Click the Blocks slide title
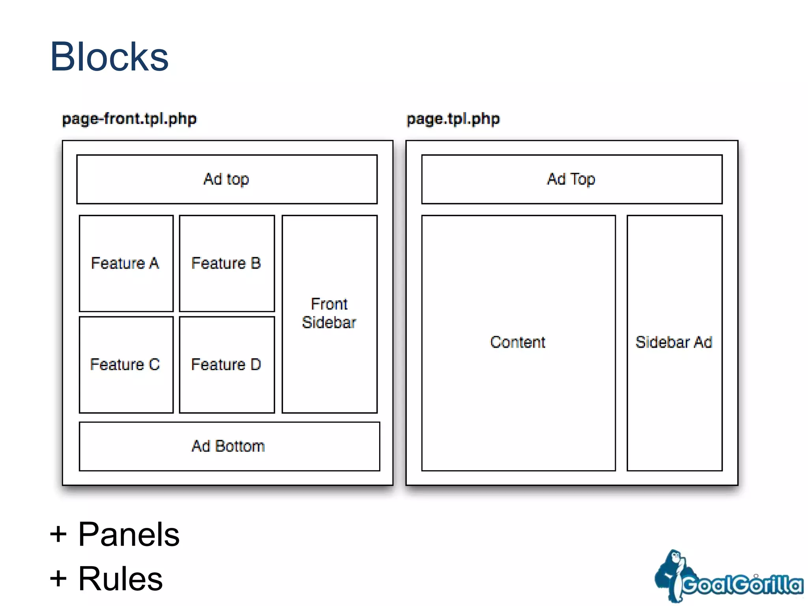(109, 57)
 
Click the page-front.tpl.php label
(129, 119)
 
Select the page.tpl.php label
(453, 119)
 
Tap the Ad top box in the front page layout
(226, 179)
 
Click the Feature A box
(126, 263)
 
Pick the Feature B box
(226, 263)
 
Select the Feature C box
(126, 365)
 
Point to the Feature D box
(226, 365)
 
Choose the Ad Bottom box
(229, 446)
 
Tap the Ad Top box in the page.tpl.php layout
(571, 179)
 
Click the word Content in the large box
(518, 342)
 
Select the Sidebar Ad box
(674, 342)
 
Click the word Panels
(129, 535)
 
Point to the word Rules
(120, 579)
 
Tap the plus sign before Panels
(58, 535)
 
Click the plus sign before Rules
(58, 579)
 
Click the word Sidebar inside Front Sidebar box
(329, 323)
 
